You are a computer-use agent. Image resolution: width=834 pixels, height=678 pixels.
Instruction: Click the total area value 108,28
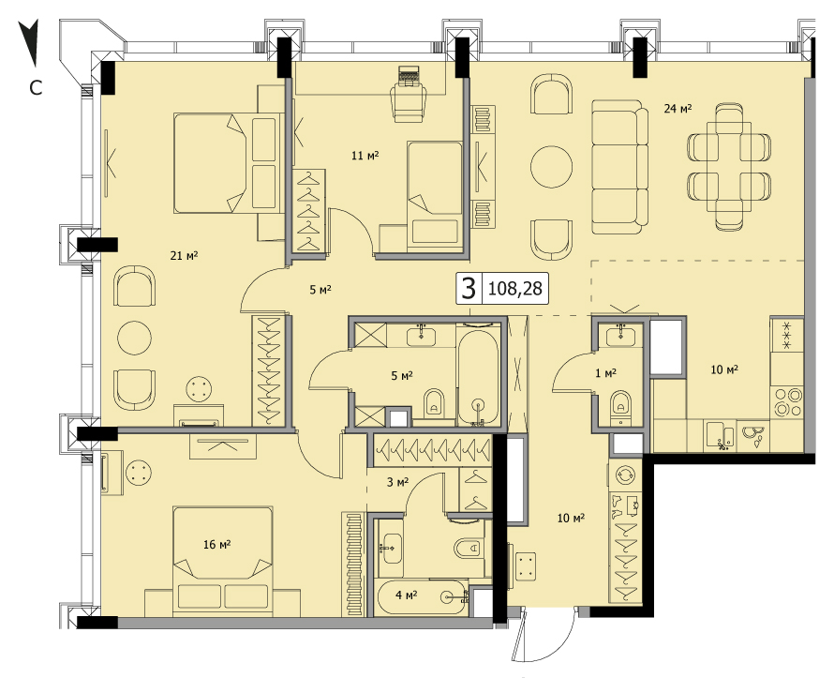click(x=514, y=289)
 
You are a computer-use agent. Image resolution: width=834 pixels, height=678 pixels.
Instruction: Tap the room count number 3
click(x=469, y=289)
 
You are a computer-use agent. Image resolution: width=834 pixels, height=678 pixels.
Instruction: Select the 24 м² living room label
click(x=678, y=109)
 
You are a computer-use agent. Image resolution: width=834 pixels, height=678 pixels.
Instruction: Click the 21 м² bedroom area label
click(x=184, y=256)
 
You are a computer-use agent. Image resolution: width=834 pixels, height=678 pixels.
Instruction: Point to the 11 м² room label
click(x=365, y=156)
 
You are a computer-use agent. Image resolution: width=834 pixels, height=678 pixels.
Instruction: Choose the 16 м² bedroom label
click(x=216, y=544)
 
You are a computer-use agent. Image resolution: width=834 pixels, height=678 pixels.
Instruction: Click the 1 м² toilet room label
click(x=605, y=373)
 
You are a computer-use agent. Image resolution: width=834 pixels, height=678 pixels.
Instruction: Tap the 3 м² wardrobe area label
click(x=397, y=482)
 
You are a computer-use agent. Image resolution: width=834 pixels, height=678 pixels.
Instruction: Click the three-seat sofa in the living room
click(x=620, y=167)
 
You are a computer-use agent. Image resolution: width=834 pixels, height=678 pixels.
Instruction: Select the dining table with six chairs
click(x=729, y=167)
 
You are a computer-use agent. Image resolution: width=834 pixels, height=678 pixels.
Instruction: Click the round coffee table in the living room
click(x=552, y=167)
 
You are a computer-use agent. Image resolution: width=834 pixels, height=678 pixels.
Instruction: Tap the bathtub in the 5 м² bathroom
click(x=478, y=377)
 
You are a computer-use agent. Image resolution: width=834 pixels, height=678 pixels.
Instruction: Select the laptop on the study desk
click(x=409, y=76)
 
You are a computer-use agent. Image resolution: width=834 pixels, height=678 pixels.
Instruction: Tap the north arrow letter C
click(x=36, y=88)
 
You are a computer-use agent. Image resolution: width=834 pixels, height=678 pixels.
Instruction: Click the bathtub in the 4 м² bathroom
click(x=423, y=597)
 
